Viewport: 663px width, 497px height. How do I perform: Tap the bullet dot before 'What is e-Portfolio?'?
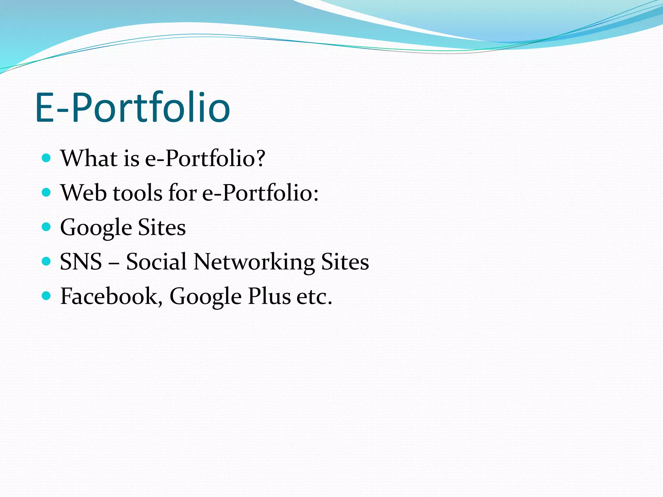click(x=47, y=158)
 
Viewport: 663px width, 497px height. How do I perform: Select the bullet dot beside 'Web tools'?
click(x=47, y=193)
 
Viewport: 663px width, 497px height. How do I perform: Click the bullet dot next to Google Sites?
click(x=47, y=227)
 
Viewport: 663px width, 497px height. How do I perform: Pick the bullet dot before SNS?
click(x=47, y=261)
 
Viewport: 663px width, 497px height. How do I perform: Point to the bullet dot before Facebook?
click(x=47, y=296)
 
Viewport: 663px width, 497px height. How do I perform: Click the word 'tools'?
click(x=137, y=193)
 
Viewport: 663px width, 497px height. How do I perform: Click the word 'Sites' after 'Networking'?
click(x=345, y=262)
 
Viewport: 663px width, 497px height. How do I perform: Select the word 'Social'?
click(x=156, y=262)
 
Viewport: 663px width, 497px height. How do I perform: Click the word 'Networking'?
click(x=254, y=262)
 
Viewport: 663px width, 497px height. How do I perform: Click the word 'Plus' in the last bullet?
click(x=269, y=296)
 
